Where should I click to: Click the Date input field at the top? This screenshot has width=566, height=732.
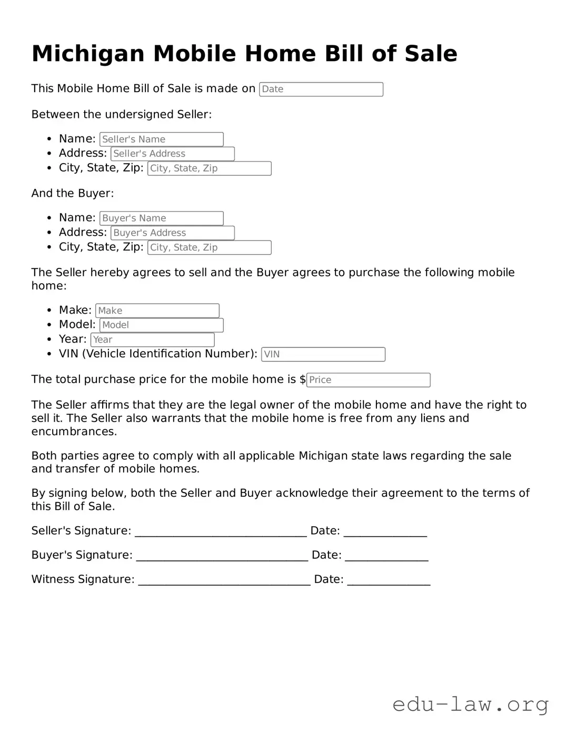tap(321, 89)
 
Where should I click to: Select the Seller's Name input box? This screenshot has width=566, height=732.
tap(161, 139)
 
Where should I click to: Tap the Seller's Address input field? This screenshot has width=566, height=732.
tap(172, 154)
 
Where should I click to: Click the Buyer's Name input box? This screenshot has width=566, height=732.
tap(161, 218)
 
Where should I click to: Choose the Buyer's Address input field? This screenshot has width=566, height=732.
tap(172, 233)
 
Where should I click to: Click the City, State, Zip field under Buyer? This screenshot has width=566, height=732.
tap(209, 247)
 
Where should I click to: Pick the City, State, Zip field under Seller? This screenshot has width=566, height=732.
tap(209, 168)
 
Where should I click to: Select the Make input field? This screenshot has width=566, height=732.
tap(157, 310)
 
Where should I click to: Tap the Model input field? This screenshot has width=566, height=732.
tap(161, 325)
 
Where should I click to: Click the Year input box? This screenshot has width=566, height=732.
tap(152, 340)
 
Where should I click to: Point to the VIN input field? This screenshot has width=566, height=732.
tap(323, 354)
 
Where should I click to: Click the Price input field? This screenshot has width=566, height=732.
tap(368, 380)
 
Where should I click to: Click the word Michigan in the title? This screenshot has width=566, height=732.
tap(88, 54)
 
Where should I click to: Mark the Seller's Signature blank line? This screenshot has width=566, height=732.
tap(221, 532)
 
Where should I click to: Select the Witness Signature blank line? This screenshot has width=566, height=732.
tap(224, 580)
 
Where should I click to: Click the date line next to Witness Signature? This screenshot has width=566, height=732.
tap(389, 580)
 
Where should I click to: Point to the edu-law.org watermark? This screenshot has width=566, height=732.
tap(470, 704)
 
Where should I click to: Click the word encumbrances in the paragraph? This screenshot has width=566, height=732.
tap(74, 432)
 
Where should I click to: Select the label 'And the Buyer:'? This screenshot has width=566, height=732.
tap(73, 193)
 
